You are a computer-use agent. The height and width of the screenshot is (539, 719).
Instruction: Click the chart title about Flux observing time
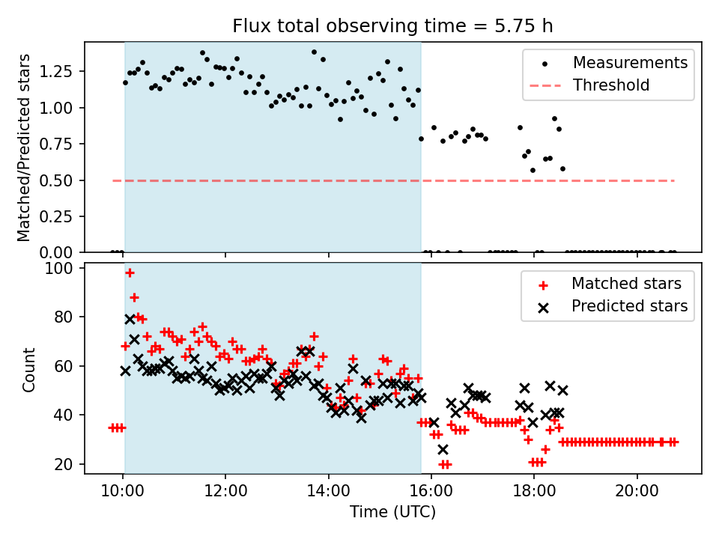pyautogui.click(x=392, y=26)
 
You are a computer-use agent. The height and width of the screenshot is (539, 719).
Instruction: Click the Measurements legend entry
pyautogui.click(x=630, y=63)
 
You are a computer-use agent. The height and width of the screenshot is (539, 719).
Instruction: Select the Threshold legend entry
pyautogui.click(x=610, y=85)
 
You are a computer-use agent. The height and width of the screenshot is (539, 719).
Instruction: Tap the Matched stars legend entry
pyautogui.click(x=626, y=284)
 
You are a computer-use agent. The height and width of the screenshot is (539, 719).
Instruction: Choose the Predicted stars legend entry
pyautogui.click(x=629, y=306)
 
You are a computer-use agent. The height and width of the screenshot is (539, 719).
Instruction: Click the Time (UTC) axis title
pyautogui.click(x=392, y=513)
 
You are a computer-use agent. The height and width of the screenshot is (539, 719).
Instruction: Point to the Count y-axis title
pyautogui.click(x=28, y=370)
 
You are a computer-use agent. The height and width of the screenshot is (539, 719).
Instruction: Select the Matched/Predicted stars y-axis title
pyautogui.click(x=24, y=147)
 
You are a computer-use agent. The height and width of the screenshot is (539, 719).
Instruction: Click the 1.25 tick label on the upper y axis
pyautogui.click(x=58, y=72)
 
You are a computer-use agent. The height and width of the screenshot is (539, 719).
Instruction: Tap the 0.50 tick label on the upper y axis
pyautogui.click(x=58, y=180)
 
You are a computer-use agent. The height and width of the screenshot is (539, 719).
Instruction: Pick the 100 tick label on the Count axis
pyautogui.click(x=58, y=268)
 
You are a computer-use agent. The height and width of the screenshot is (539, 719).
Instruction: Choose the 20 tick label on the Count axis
pyautogui.click(x=62, y=464)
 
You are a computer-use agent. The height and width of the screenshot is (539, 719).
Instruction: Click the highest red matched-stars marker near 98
pyautogui.click(x=130, y=272)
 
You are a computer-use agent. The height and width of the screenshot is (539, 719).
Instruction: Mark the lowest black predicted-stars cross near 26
pyautogui.click(x=443, y=449)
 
